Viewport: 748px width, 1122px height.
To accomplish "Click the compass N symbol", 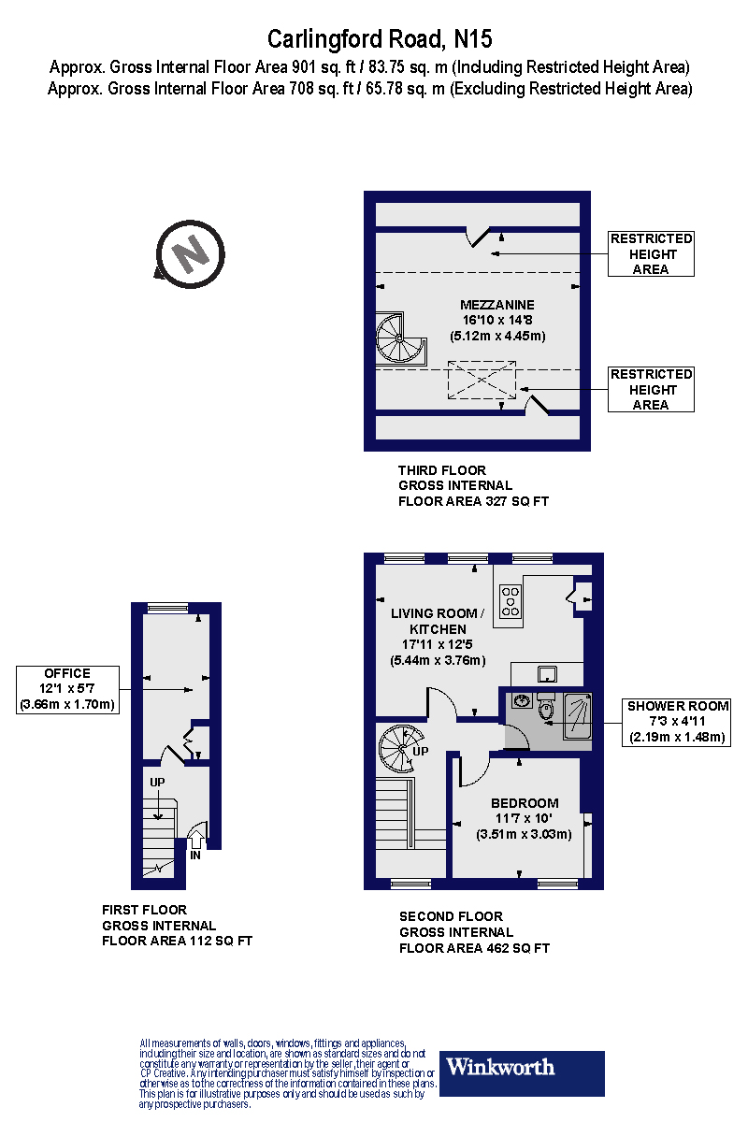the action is point(190,254).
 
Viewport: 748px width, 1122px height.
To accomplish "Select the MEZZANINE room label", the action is point(497,305).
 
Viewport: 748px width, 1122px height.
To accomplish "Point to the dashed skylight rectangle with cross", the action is point(482,380).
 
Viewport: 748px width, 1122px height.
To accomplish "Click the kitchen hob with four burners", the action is point(511,601).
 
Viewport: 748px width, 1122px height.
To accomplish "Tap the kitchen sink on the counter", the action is point(547,674).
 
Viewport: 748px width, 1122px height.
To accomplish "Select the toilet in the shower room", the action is point(546,706).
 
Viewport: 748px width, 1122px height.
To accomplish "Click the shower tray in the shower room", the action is point(578,716).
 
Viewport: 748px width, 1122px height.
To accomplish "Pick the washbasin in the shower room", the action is point(522,700).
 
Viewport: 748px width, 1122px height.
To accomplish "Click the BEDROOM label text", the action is point(525,803).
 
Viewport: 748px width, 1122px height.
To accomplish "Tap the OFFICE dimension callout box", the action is point(67,690).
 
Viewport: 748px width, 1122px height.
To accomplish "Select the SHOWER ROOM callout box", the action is point(676,722).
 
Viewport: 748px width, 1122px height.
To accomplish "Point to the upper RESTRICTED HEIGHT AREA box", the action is point(651,253).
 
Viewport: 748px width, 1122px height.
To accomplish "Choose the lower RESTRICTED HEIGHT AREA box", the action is point(651,389).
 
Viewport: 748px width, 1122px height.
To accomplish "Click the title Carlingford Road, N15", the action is point(380,39).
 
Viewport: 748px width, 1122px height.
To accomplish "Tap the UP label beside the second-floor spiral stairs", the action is point(421,751).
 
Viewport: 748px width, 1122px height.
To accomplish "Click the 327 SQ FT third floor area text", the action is point(516,501).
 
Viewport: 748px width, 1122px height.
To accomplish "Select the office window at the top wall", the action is point(168,608).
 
